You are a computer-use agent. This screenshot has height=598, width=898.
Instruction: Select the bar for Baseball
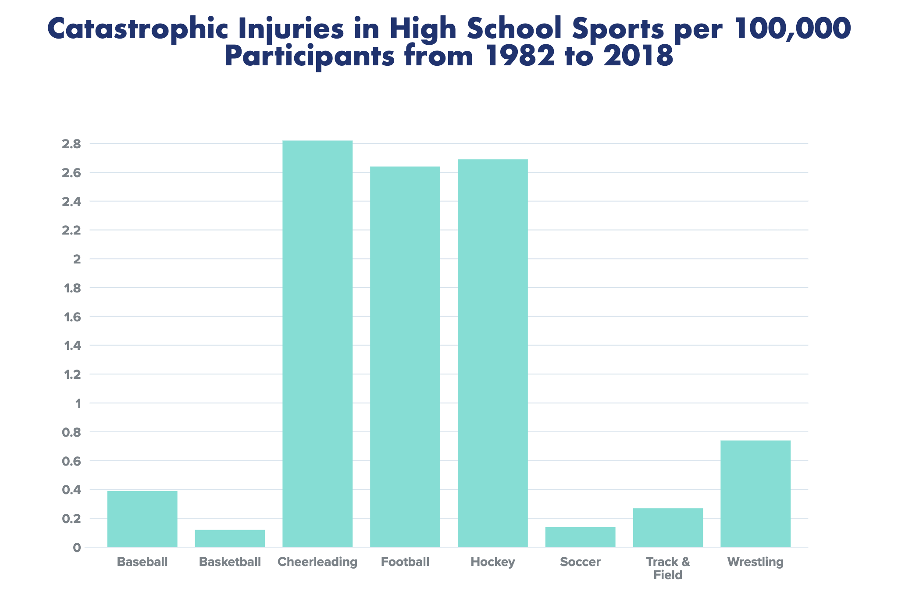point(142,519)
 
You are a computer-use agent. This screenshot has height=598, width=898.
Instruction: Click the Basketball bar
point(230,538)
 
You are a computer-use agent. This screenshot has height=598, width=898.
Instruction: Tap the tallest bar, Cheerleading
point(317,344)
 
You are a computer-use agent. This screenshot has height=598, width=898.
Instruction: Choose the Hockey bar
point(492,353)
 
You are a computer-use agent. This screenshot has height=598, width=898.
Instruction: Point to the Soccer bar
point(580,537)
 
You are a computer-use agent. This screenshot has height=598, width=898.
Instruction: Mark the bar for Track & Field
point(668,527)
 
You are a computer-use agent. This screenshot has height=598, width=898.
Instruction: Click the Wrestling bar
point(755,494)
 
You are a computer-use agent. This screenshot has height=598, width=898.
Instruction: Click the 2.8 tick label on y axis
point(71,144)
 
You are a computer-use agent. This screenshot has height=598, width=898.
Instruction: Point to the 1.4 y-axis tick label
point(72,346)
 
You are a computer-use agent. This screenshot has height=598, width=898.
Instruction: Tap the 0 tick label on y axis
point(77,548)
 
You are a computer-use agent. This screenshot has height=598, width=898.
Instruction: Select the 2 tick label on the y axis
point(77,260)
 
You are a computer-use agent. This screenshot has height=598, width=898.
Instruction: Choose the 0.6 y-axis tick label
point(71,461)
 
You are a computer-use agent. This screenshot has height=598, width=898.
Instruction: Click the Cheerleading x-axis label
point(317,562)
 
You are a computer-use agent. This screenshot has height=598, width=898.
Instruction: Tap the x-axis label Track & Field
point(668,568)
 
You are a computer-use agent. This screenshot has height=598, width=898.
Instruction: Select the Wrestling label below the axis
point(755,562)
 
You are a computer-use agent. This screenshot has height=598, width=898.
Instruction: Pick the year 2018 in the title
point(638,56)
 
